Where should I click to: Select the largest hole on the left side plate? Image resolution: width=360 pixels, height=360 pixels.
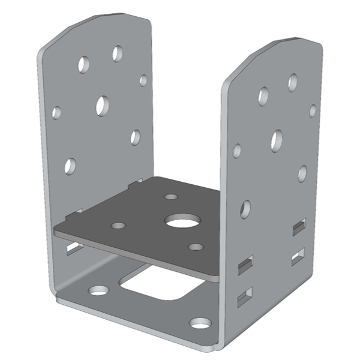pyautogui.click(x=103, y=105)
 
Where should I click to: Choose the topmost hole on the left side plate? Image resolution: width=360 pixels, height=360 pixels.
pyautogui.click(x=118, y=53)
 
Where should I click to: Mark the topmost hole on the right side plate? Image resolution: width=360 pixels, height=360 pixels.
pyautogui.click(x=293, y=82)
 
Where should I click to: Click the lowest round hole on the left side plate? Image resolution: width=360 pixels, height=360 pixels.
pyautogui.click(x=70, y=166)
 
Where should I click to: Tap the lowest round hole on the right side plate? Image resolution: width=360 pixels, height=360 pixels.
pyautogui.click(x=245, y=208)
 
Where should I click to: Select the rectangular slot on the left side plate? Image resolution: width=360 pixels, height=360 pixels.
pyautogui.click(x=73, y=247)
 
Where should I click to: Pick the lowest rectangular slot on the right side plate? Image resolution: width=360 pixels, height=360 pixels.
pyautogui.click(x=245, y=295)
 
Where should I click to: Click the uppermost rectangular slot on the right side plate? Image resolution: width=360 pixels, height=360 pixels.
pyautogui.click(x=298, y=227)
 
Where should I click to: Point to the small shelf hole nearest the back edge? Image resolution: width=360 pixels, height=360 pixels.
pyautogui.click(x=171, y=196)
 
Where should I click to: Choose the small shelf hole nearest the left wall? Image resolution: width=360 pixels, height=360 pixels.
pyautogui.click(x=119, y=226)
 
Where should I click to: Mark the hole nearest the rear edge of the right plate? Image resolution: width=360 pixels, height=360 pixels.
pyautogui.click(x=313, y=110)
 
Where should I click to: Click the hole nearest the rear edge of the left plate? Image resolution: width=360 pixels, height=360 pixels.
pyautogui.click(x=143, y=80)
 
